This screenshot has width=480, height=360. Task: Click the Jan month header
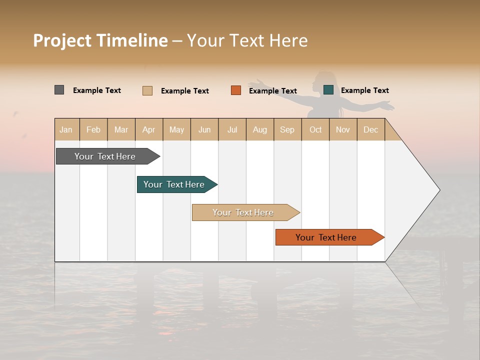pyautogui.click(x=66, y=129)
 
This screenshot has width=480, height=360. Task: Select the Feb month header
pyautogui.click(x=93, y=129)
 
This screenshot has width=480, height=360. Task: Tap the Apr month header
pyautogui.click(x=148, y=129)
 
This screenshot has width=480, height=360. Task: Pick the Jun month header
pyautogui.click(x=204, y=129)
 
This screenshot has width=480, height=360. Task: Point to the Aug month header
pyautogui.click(x=259, y=129)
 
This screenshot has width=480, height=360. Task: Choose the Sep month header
pyautogui.click(x=287, y=129)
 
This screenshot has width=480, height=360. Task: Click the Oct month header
pyautogui.click(x=315, y=129)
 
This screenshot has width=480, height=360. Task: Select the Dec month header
pyautogui.click(x=370, y=129)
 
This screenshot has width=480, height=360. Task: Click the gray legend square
pyautogui.click(x=59, y=90)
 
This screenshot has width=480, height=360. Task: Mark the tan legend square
pyautogui.click(x=147, y=90)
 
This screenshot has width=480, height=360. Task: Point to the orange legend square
pyautogui.click(x=236, y=90)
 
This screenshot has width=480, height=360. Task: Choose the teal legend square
pyautogui.click(x=328, y=90)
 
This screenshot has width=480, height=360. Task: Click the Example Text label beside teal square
pyautogui.click(x=364, y=90)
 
